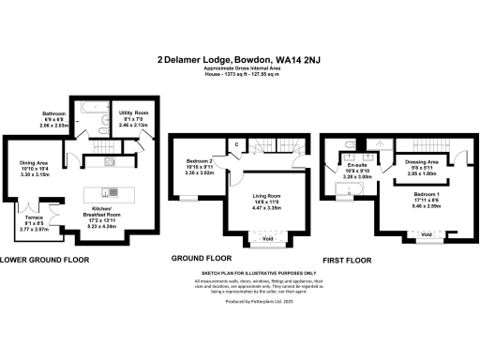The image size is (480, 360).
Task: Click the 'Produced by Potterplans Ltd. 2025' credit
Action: click(x=240, y=302)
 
